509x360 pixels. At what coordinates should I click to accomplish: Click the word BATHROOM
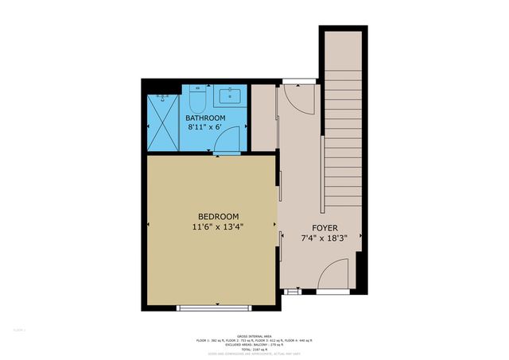[206, 118]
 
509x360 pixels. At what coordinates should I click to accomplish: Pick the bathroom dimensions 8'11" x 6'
[206, 126]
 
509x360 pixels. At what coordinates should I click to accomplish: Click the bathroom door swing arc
[227, 139]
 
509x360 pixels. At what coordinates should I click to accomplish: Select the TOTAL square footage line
[254, 349]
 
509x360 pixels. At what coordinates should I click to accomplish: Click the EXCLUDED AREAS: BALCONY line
[254, 344]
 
